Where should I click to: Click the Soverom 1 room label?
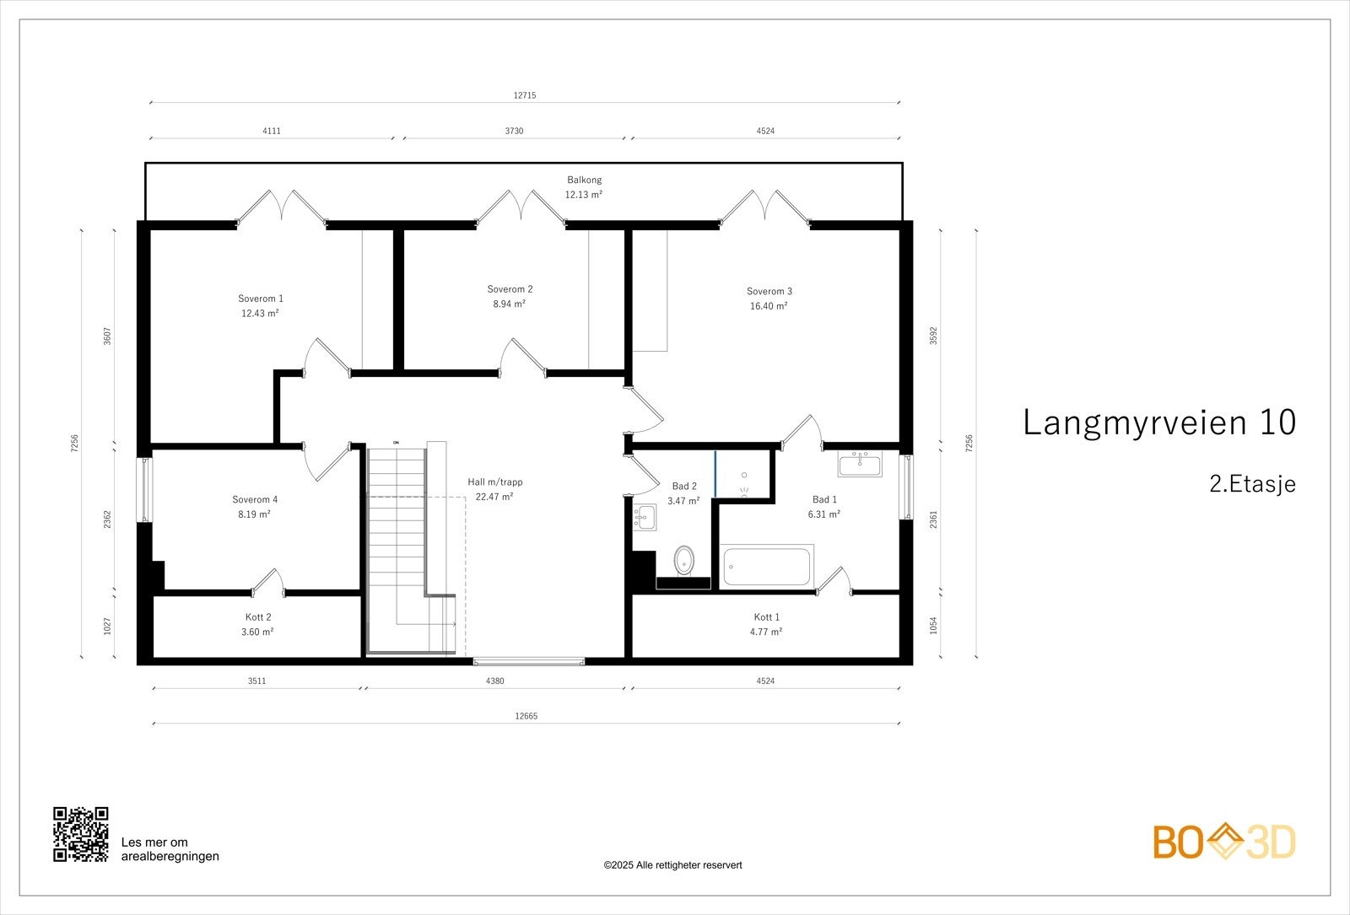coord(261,299)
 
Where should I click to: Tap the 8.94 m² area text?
coord(510,304)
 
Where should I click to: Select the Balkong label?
coord(584,180)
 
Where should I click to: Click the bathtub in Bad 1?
coord(767,566)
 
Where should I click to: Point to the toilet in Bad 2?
coord(683,560)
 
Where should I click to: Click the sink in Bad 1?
coord(860,464)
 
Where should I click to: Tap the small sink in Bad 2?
coord(645,518)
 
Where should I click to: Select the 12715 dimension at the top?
coord(525,95)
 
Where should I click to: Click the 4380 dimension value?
coord(494,681)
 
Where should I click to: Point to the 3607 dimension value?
coord(107,336)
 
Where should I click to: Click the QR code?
coord(81,834)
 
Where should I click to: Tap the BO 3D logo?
coord(1224,842)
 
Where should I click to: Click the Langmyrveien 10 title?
coord(1159,423)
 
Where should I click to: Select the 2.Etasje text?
coord(1252,484)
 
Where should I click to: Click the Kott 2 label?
coord(258,617)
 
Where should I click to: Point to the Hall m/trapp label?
coord(494,482)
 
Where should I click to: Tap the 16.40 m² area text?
coord(769,306)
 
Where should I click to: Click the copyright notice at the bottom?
coord(672,865)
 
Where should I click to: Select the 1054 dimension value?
coord(933,625)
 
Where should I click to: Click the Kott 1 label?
coord(767,617)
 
